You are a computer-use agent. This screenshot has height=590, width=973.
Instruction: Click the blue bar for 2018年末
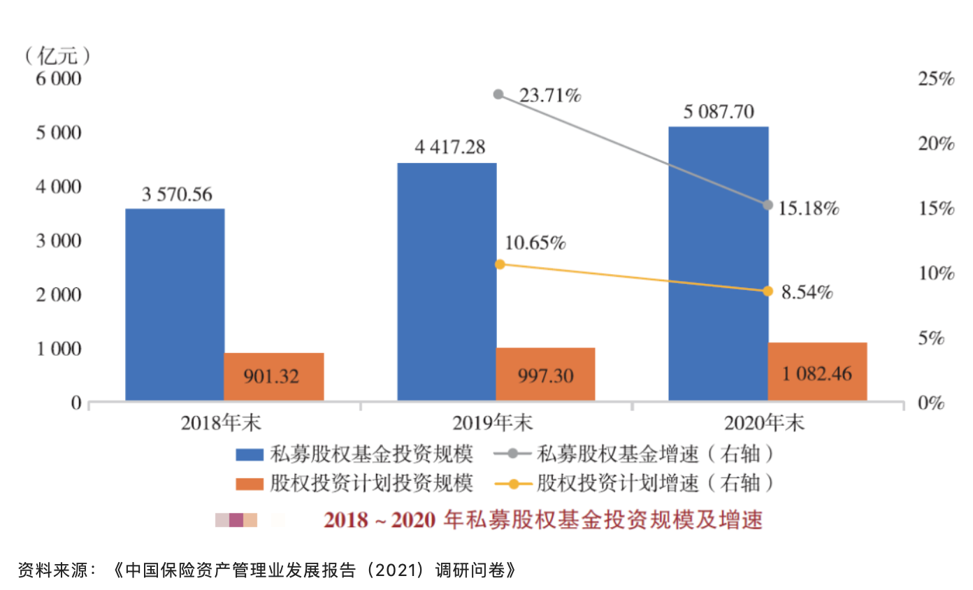[x=175, y=304]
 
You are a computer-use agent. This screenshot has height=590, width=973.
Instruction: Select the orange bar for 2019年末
[x=545, y=374]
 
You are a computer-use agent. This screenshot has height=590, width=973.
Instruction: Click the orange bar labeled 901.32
[x=273, y=376]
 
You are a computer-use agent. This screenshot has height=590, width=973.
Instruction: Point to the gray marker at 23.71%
[x=498, y=94]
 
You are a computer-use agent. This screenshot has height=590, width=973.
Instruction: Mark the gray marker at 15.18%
[x=767, y=205]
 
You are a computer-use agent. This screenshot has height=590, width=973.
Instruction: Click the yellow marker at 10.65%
[x=499, y=264]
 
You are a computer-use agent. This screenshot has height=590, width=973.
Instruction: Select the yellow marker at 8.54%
[x=767, y=291]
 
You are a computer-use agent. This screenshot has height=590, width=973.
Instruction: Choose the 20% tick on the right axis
[x=935, y=144]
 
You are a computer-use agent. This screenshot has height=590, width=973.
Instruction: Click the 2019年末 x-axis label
[x=492, y=423]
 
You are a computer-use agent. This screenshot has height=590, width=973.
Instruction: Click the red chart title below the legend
[x=542, y=520]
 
